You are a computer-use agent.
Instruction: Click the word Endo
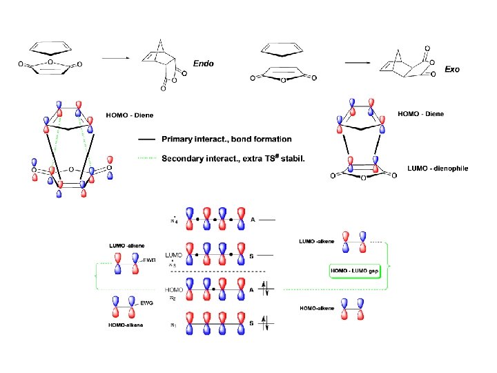(x=203, y=63)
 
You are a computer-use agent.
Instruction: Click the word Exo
(x=452, y=70)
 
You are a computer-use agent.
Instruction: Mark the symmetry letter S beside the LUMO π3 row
(x=252, y=256)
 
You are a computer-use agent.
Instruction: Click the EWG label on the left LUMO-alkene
(x=148, y=259)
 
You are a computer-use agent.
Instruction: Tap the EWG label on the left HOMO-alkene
(x=147, y=303)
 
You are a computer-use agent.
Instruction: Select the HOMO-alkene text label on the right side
(x=317, y=308)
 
